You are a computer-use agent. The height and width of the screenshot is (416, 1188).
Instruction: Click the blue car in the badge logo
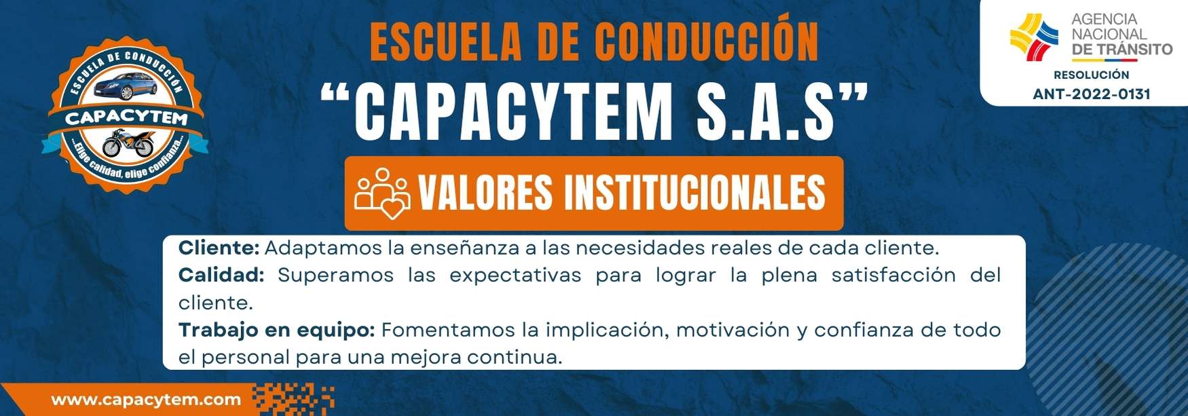[x=124, y=87]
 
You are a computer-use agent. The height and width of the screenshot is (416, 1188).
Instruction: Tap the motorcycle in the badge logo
[x=128, y=143]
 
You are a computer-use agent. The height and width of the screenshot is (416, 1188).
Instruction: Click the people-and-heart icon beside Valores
[x=382, y=193]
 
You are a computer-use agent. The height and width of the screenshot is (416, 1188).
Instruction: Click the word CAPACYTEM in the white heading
[x=513, y=111]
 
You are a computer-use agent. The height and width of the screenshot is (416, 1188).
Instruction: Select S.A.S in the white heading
[x=766, y=111]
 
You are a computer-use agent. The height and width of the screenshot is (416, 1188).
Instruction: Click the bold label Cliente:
[x=219, y=248]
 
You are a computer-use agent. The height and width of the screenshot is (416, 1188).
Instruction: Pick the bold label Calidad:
[x=221, y=275]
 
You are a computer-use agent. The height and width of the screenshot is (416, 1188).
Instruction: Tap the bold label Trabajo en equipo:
[x=276, y=330]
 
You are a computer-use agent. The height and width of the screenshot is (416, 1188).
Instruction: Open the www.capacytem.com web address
[x=146, y=400]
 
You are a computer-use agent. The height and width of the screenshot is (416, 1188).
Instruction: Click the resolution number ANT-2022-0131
[x=1092, y=94]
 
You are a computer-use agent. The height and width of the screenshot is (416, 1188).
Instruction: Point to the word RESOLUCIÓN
[x=1092, y=75]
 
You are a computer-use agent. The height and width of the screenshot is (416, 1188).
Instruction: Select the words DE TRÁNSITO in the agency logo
[x=1122, y=49]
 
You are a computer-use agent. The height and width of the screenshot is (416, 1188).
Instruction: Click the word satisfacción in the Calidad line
[x=893, y=275]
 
